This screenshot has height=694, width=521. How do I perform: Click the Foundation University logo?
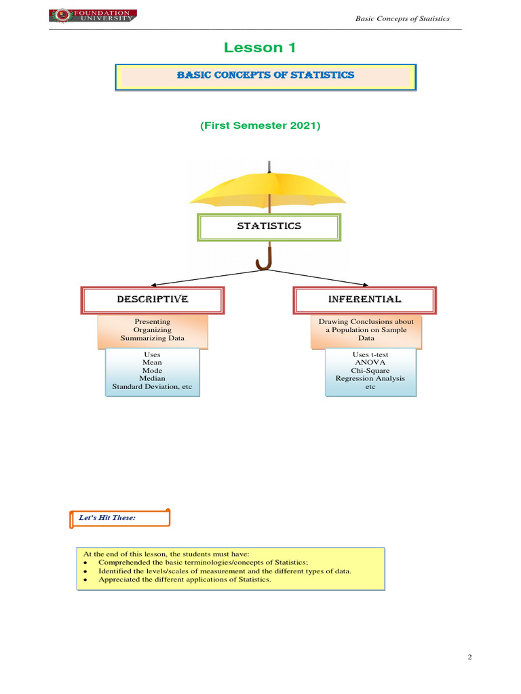point(92,16)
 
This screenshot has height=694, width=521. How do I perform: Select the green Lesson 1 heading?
point(260,47)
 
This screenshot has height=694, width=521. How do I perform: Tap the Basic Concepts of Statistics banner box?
point(265,77)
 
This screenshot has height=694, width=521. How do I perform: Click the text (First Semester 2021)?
point(260,126)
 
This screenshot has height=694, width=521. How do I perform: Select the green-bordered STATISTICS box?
point(269,227)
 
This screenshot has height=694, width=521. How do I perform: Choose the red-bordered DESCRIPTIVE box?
point(153,300)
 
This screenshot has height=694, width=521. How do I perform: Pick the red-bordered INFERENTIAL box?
point(364,300)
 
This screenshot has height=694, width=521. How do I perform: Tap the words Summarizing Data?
point(152,338)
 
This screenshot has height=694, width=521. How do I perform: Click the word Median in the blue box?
point(152,378)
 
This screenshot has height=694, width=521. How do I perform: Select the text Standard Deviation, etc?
point(152,387)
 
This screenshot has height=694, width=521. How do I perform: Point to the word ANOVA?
point(370,363)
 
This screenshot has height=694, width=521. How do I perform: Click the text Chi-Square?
point(370,371)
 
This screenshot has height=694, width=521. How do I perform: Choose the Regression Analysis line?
point(370,379)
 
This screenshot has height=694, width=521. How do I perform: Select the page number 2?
point(469,657)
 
